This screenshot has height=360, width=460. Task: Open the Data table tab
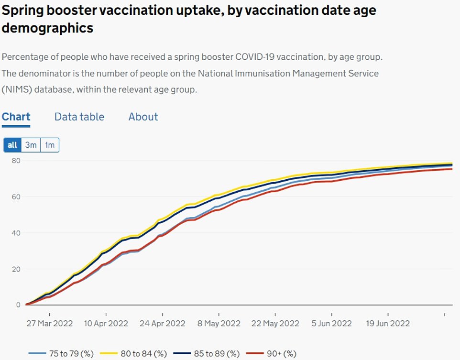[79, 117]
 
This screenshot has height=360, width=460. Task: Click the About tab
[143, 117]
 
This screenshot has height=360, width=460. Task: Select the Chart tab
[16, 117]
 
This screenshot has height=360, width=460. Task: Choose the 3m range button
[31, 145]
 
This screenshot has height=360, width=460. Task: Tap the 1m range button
[50, 145]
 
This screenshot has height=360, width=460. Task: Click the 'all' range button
[12, 145]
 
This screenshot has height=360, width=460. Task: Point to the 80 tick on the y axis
[16, 161]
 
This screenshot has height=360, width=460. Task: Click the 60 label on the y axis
[16, 197]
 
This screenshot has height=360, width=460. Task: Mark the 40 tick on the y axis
[16, 233]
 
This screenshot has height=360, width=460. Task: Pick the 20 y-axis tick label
[16, 269]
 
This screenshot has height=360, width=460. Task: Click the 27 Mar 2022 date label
[50, 323]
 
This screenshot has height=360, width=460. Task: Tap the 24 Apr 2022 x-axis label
[162, 323]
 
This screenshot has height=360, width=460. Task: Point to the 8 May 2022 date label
[219, 323]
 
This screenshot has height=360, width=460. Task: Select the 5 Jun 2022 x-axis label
[331, 323]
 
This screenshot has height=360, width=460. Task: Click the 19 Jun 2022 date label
[387, 323]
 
